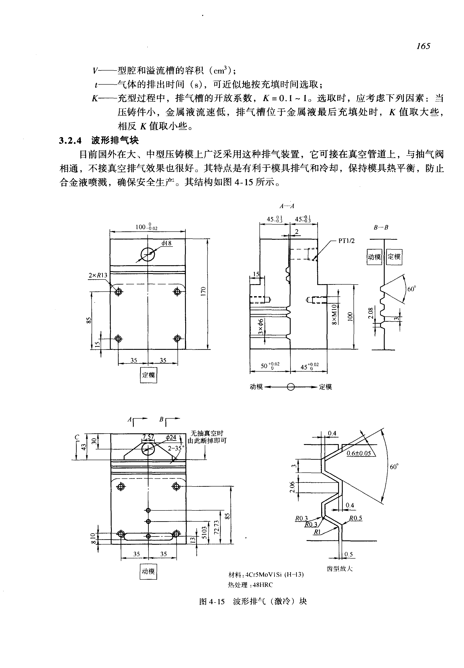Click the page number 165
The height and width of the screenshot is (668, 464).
pyautogui.click(x=423, y=46)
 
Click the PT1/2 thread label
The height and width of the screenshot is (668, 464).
pyautogui.click(x=346, y=241)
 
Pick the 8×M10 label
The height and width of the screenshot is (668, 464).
pyautogui.click(x=334, y=314)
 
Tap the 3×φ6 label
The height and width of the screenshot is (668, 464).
pyautogui.click(x=261, y=327)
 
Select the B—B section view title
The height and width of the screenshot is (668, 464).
pyautogui.click(x=381, y=227)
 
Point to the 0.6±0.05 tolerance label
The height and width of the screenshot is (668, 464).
pyautogui.click(x=359, y=453)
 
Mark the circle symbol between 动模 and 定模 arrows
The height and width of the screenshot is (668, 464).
pyautogui.click(x=291, y=387)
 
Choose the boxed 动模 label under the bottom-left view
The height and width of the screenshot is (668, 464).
pyautogui.click(x=148, y=572)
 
